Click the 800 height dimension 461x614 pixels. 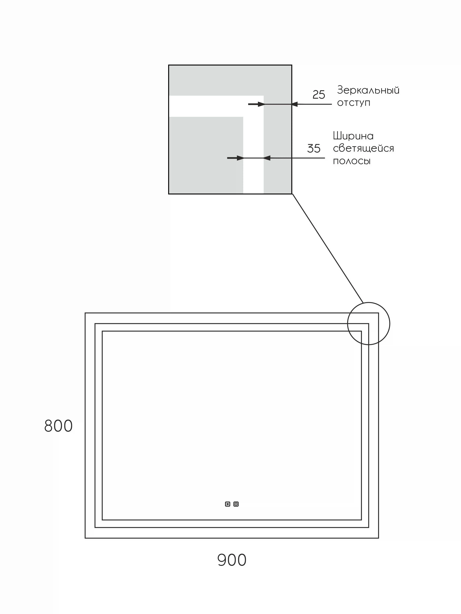point(58,426)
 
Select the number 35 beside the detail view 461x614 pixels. point(314,149)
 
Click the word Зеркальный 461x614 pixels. point(368,90)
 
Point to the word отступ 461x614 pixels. point(354,103)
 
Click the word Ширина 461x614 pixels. point(353,136)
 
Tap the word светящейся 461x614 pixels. point(363,149)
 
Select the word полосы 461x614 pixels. point(352,161)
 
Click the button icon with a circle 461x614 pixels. point(236,504)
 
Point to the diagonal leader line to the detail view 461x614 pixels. point(328,249)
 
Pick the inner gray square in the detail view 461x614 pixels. point(206,155)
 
